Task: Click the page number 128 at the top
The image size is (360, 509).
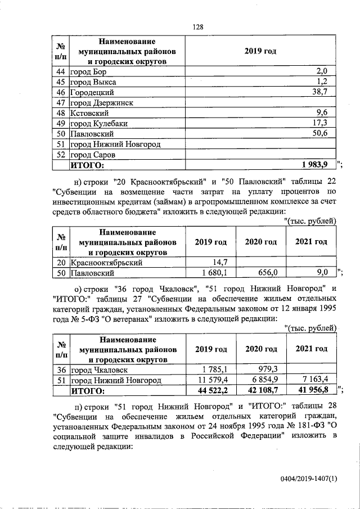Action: (x=197, y=26)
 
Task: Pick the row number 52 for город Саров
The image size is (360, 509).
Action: (x=60, y=155)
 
